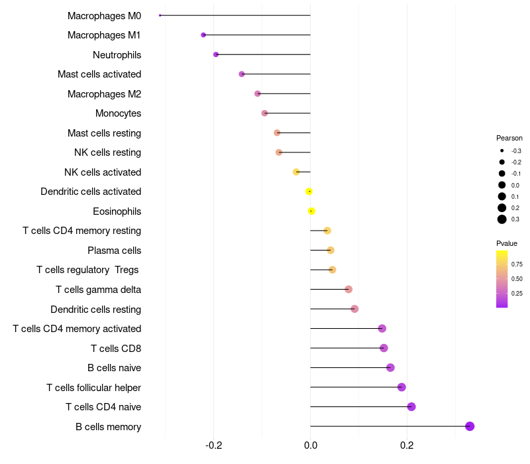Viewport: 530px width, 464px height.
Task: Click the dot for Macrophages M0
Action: (x=160, y=15)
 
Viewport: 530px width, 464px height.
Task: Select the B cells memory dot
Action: (x=470, y=426)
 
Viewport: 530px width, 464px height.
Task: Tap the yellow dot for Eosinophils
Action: (x=311, y=211)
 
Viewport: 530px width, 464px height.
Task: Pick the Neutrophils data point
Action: (x=216, y=54)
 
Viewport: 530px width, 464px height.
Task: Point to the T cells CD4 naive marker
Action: (x=411, y=406)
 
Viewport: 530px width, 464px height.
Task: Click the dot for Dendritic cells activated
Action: (x=309, y=192)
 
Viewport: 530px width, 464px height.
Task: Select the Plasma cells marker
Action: (x=331, y=251)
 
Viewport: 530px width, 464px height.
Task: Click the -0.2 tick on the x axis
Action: (x=213, y=445)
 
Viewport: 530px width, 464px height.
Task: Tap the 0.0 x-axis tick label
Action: (x=310, y=445)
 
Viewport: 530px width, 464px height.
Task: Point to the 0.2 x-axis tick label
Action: (x=407, y=445)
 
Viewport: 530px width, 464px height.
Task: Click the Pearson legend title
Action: (x=509, y=138)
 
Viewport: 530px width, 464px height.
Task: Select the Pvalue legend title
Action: (x=507, y=243)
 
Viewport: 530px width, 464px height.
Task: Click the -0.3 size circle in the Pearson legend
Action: (x=502, y=151)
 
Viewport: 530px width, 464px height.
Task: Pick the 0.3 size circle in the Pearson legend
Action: (x=502, y=219)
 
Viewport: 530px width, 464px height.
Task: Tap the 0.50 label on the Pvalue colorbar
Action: (x=517, y=278)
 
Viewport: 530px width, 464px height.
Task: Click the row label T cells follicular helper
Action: (x=93, y=388)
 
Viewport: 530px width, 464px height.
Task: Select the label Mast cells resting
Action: (x=104, y=133)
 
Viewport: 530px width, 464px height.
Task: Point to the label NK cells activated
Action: (x=103, y=172)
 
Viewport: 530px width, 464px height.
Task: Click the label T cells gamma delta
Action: (x=98, y=290)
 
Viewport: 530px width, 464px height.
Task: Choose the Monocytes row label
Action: (x=119, y=113)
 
